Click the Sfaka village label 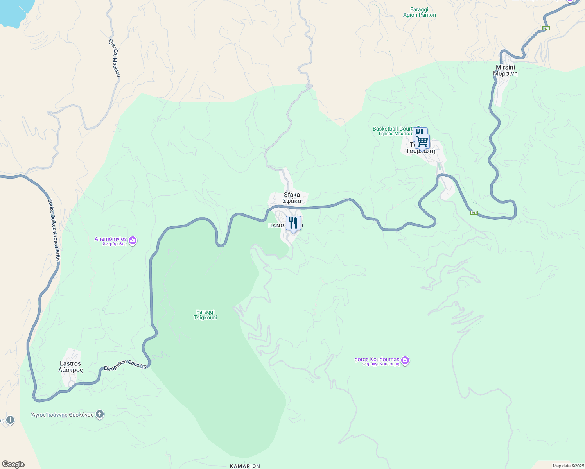coord(292,198)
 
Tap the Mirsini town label coord(505,70)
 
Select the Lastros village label coord(70,367)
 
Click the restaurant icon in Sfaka coord(293,223)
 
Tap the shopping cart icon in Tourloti coord(422,141)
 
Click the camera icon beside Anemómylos coord(133,240)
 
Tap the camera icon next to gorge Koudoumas coord(405,360)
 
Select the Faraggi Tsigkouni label coord(205,315)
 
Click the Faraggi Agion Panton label coord(419,13)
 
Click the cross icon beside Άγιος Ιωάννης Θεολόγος coord(100,414)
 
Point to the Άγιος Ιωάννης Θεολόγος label coord(62,415)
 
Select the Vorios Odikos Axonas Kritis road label coord(54,231)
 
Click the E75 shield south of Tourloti coord(474,213)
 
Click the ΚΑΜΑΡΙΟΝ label coord(245,466)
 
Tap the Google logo coord(13,464)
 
